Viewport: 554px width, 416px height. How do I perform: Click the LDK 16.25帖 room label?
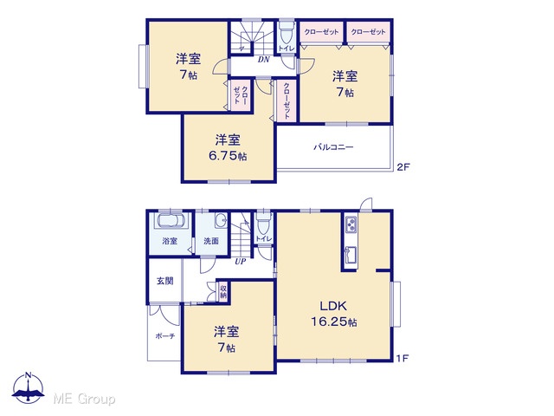click(x=334, y=314)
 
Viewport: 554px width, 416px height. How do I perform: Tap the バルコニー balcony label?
click(x=333, y=147)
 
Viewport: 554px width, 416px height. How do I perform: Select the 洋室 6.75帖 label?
click(x=228, y=148)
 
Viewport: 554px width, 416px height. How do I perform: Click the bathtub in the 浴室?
click(x=171, y=220)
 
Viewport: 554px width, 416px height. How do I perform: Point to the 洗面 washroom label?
click(x=211, y=241)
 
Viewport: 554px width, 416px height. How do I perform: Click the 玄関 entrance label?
click(x=165, y=281)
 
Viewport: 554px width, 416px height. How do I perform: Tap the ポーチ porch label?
click(x=165, y=336)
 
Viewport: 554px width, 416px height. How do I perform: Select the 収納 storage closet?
click(x=223, y=292)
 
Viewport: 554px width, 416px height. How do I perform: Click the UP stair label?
click(x=241, y=262)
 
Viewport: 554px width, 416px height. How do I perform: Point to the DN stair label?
click(x=263, y=60)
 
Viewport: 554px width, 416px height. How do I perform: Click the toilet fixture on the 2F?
click(x=287, y=34)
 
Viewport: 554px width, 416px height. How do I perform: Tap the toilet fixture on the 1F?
click(x=263, y=223)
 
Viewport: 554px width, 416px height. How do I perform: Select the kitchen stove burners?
click(x=351, y=224)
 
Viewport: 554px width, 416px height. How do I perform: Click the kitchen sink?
click(x=350, y=255)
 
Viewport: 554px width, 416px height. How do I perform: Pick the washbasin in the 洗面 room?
click(x=222, y=220)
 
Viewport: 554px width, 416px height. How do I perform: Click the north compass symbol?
click(x=29, y=387)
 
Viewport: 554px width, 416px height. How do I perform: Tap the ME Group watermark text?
click(x=84, y=400)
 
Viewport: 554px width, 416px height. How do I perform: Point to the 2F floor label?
click(x=403, y=167)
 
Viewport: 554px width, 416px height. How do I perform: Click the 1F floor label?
click(x=402, y=358)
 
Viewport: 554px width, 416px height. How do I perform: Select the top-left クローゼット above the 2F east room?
click(x=321, y=32)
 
